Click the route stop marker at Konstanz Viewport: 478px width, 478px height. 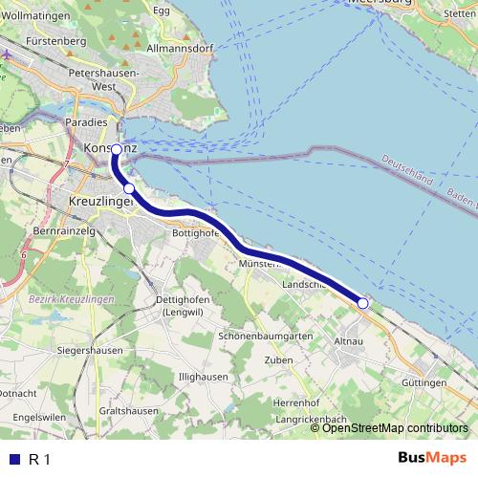click(x=117, y=150)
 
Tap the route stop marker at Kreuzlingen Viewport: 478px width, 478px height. click(x=129, y=189)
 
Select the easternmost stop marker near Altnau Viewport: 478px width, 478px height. click(x=363, y=303)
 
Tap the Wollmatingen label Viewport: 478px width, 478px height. click(x=39, y=16)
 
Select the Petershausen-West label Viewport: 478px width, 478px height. click(x=98, y=78)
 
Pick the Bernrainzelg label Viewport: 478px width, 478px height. click(x=66, y=232)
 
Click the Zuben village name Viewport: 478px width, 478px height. click(x=278, y=360)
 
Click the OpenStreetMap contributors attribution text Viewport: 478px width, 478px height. click(x=395, y=428)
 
